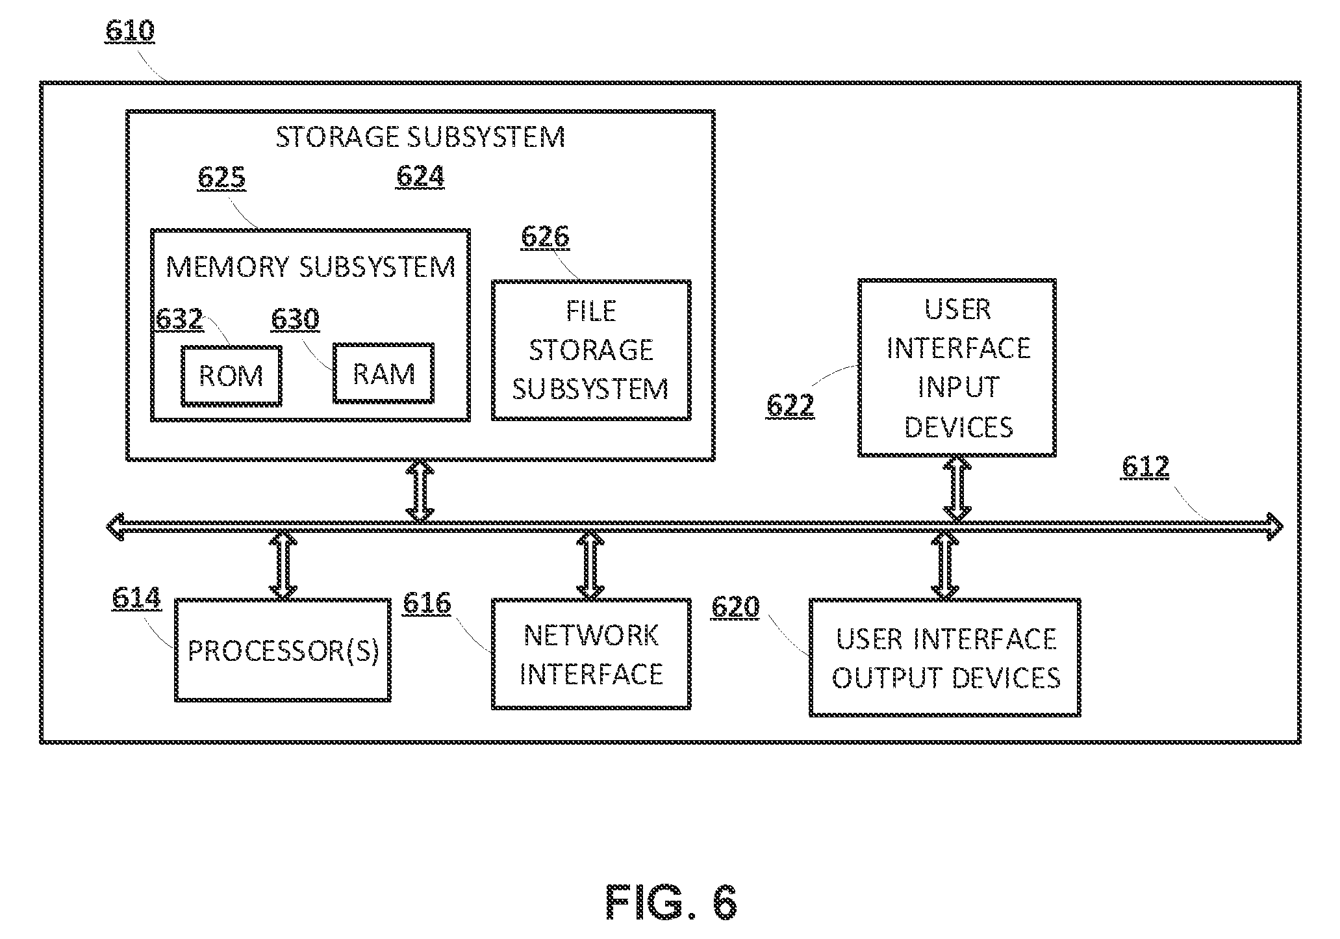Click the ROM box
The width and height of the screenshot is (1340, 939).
(x=231, y=376)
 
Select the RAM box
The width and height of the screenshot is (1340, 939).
(x=383, y=373)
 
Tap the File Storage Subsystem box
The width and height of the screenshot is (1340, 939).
(x=591, y=350)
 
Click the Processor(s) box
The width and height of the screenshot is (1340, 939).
(x=283, y=650)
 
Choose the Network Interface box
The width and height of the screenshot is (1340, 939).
(x=591, y=654)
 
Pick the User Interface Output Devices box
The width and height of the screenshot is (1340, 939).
(x=945, y=658)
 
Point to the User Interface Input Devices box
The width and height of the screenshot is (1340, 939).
(x=957, y=368)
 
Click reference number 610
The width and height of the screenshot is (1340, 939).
(x=130, y=31)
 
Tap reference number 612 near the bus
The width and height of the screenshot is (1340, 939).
(x=1145, y=467)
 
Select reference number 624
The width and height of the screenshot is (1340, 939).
(x=420, y=177)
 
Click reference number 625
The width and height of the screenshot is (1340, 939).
(x=221, y=178)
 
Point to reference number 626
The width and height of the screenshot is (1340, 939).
(x=545, y=237)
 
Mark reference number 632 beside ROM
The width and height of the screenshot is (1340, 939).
(x=180, y=319)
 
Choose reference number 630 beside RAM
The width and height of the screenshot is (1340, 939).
(x=295, y=319)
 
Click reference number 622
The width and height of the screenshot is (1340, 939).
(x=790, y=405)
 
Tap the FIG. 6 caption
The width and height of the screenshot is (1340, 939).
(x=672, y=902)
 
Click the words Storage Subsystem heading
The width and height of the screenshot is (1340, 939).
(x=420, y=136)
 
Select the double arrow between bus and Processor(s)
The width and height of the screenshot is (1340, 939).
(x=283, y=564)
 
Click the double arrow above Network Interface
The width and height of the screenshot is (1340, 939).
(x=590, y=564)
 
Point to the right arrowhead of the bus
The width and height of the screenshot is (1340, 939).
(x=1274, y=526)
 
